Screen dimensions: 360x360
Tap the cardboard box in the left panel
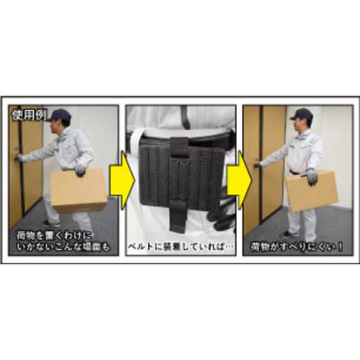78,190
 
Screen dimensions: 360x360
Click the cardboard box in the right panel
312,191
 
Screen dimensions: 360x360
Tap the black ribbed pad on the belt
172,173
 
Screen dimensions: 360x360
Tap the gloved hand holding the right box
312,176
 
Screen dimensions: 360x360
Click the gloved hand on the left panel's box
80,171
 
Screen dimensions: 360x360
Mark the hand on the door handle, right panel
257,165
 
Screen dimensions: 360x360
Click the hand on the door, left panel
19,157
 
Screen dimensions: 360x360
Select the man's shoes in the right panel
289,234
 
